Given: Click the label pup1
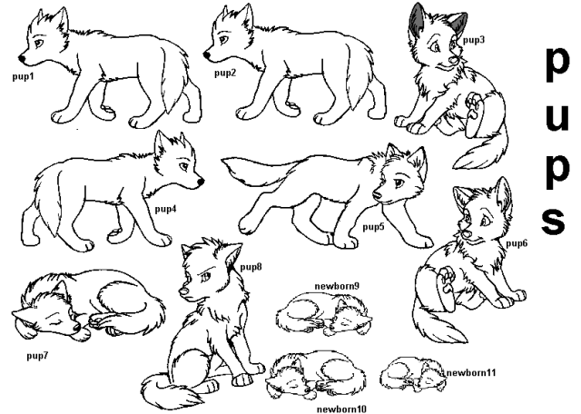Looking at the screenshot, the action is pyautogui.click(x=24, y=77).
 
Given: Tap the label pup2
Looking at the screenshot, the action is pyautogui.click(x=225, y=73).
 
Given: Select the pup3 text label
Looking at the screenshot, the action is pyautogui.click(x=474, y=40).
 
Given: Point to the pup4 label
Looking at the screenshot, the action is pyautogui.click(x=165, y=210).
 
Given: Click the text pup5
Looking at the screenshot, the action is pyautogui.click(x=373, y=227).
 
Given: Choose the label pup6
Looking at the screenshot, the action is pyautogui.click(x=517, y=243).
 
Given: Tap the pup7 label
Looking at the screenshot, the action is pyautogui.click(x=37, y=356).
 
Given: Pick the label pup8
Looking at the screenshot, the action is pyautogui.click(x=251, y=267).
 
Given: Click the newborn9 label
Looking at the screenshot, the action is pyautogui.click(x=337, y=286).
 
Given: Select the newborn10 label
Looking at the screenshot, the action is pyautogui.click(x=341, y=409).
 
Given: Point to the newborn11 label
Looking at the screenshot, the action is pyautogui.click(x=471, y=373).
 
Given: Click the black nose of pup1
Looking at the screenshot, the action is pyautogui.click(x=22, y=59).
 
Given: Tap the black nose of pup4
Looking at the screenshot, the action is pyautogui.click(x=201, y=182).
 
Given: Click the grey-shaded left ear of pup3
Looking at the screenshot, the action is pyautogui.click(x=418, y=16).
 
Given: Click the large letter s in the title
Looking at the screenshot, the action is pyautogui.click(x=554, y=221).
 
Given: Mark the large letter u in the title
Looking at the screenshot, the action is pyautogui.click(x=556, y=117).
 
